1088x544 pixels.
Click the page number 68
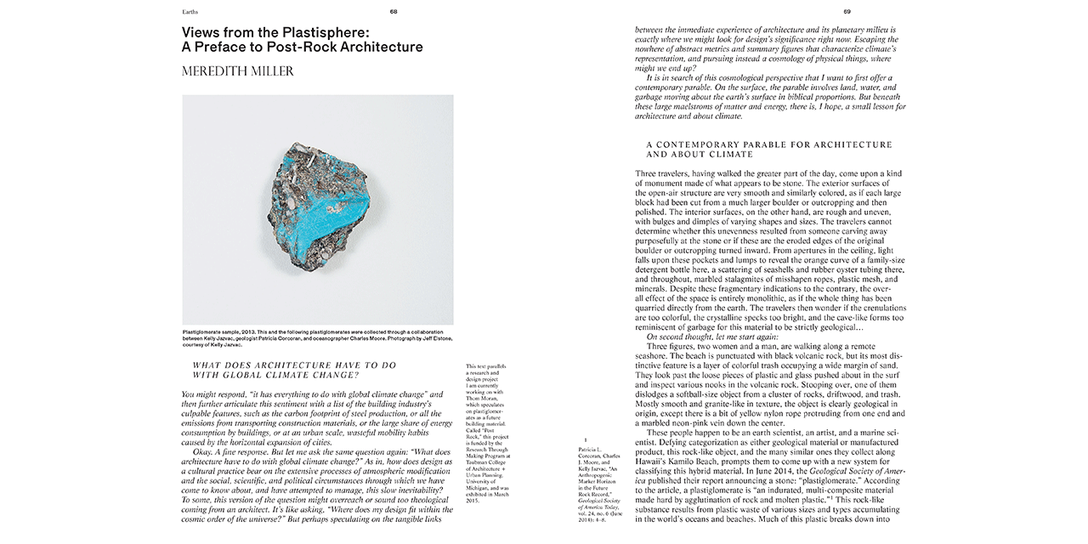point(393,12)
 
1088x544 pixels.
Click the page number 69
point(847,12)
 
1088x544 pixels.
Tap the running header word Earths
point(191,12)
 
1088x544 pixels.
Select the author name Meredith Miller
point(238,71)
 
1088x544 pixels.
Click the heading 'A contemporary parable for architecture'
point(768,144)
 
